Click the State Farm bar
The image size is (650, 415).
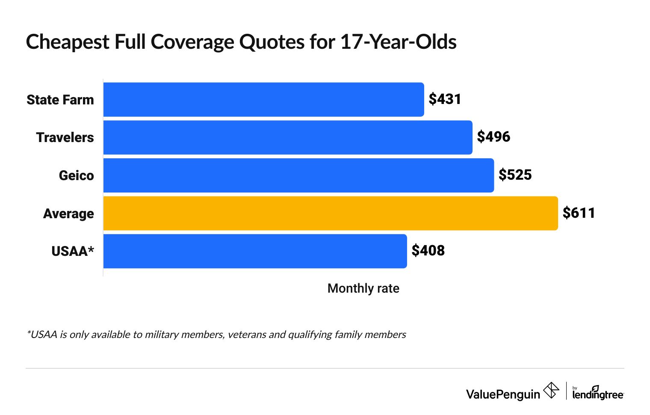tap(263, 100)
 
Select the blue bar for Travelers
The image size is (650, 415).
tap(288, 137)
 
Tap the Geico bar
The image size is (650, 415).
tap(298, 175)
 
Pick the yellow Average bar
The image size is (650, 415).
tap(331, 213)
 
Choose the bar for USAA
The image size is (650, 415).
tap(255, 251)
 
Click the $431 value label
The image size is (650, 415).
tap(445, 99)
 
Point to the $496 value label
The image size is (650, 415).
tap(493, 137)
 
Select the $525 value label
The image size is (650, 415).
tap(515, 175)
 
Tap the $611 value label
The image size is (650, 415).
tap(579, 213)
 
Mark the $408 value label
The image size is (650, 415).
tap(428, 251)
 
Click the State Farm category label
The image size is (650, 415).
tap(60, 100)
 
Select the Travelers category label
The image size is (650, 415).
tap(65, 137)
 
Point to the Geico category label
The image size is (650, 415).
tap(76, 175)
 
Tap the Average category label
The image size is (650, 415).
tap(68, 213)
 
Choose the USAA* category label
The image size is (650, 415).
tap(72, 251)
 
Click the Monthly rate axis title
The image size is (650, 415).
tap(363, 288)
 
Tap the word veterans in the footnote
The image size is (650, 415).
tap(247, 335)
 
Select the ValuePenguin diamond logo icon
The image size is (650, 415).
tap(551, 391)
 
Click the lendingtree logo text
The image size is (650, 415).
tap(597, 394)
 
